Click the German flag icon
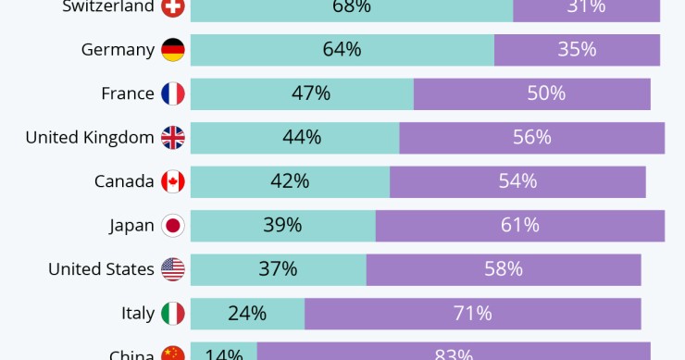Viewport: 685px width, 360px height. click(x=173, y=50)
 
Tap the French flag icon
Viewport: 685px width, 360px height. click(x=173, y=93)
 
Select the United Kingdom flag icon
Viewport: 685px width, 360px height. click(x=173, y=138)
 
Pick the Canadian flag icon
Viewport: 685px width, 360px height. click(x=173, y=181)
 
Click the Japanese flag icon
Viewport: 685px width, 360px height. click(x=173, y=225)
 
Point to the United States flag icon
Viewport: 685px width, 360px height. click(x=173, y=269)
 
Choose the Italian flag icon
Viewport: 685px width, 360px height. click(x=173, y=313)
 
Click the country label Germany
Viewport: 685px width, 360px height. click(x=118, y=50)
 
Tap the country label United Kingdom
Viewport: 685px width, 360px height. click(x=90, y=138)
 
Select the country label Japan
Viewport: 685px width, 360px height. click(x=131, y=225)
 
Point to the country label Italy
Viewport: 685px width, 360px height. click(x=138, y=313)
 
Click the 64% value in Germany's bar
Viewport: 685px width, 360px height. click(x=342, y=50)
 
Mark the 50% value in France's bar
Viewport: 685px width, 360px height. click(x=546, y=93)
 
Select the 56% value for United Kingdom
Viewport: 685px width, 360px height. click(x=531, y=138)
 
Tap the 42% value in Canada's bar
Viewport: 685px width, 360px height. click(x=290, y=181)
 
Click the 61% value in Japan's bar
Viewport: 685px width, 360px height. click(x=519, y=225)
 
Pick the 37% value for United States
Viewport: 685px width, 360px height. click(x=278, y=269)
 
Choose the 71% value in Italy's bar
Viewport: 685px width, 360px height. click(x=472, y=313)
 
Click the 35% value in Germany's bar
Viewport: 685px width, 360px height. click(x=577, y=50)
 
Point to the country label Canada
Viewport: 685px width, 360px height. click(x=124, y=181)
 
